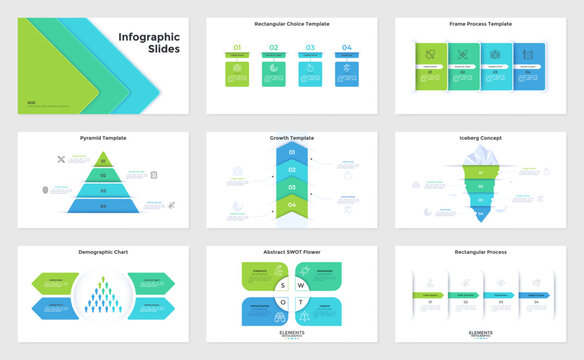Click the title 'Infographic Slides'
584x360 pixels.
[144, 44]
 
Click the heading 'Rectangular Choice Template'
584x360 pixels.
[292, 23]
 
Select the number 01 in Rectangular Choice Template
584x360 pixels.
[237, 47]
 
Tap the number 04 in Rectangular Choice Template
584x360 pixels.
[346, 47]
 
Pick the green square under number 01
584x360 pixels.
[237, 73]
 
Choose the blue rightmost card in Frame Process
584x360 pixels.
[529, 67]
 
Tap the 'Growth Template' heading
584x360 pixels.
[292, 138]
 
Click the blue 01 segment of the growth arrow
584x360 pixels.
[292, 153]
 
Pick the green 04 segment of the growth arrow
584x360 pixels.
[292, 205]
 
